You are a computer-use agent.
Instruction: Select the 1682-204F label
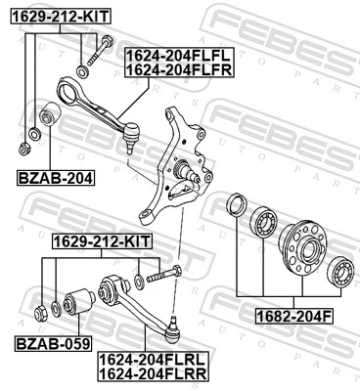click(x=293, y=316)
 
